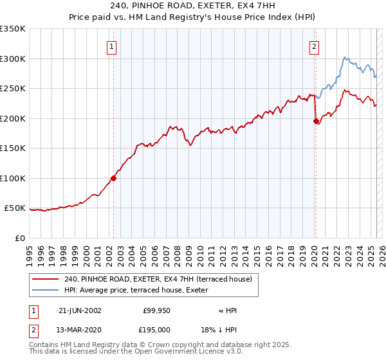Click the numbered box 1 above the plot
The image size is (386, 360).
[112, 47]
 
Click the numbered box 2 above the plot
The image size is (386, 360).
[314, 47]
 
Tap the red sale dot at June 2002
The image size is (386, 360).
[113, 178]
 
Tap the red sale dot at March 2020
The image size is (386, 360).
[316, 121]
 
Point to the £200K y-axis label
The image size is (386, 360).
[12, 118]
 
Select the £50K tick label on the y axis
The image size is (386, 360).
[14, 208]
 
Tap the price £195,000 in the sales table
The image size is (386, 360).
[156, 329]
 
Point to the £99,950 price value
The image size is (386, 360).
[156, 310]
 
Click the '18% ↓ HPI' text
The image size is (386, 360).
[227, 329]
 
